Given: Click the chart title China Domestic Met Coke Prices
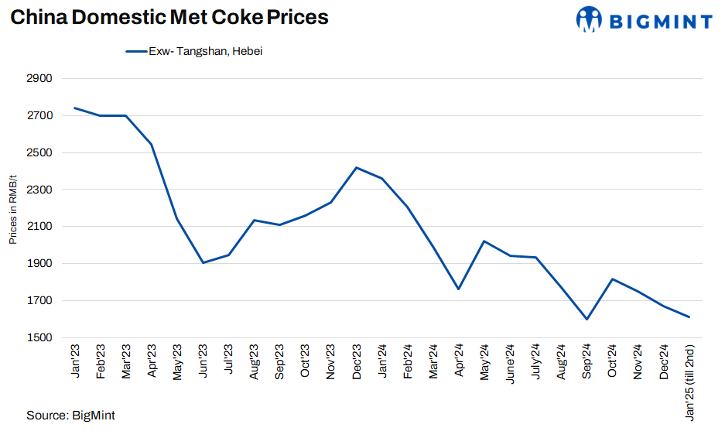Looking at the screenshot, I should tap(169, 18).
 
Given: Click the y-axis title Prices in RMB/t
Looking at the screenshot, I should tap(13, 208).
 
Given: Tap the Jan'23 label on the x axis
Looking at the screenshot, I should tap(75, 361).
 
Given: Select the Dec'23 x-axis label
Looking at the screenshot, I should tap(356, 361).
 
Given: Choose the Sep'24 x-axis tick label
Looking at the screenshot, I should tap(586, 361).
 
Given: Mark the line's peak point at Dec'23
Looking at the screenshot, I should tap(356, 167).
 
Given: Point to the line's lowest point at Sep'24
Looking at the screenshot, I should tap(586, 319).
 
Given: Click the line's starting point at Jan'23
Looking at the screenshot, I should tap(74, 108).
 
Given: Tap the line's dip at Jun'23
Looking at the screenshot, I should tap(203, 263).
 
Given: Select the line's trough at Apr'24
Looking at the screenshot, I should tap(459, 289).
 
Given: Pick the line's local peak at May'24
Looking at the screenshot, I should tap(484, 241).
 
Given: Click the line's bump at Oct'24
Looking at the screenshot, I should tap(612, 279).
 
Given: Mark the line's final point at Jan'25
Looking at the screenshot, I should tap(689, 317).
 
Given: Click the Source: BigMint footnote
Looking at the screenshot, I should tap(70, 416).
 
